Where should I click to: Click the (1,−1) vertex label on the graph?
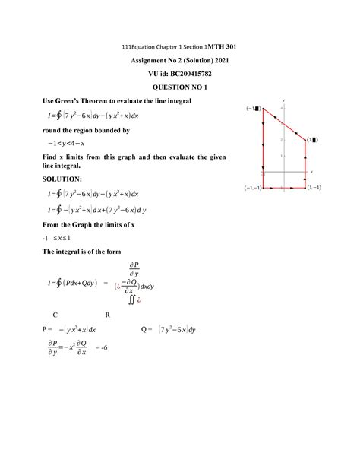point(313,187)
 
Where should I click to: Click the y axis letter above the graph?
point(282,100)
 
